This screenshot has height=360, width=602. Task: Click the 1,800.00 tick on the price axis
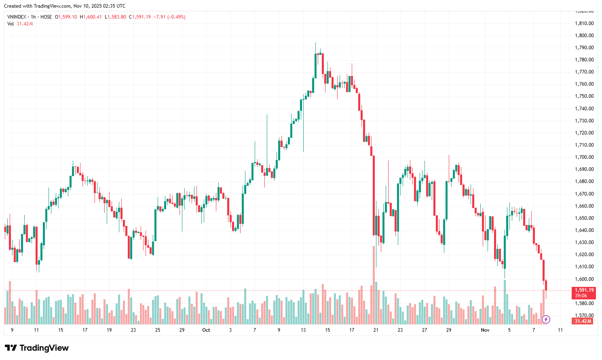(x=584, y=36)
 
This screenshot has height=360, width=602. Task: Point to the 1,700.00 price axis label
(x=584, y=157)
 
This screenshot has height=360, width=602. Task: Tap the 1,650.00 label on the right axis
(x=584, y=218)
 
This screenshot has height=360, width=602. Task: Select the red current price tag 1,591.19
(x=584, y=290)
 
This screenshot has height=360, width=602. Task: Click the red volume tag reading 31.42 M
(x=583, y=321)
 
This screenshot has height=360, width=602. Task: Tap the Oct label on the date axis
(x=206, y=330)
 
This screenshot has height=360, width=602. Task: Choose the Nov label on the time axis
(x=485, y=330)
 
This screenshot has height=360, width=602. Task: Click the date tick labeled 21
(x=376, y=330)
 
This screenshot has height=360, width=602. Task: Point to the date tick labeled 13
(x=303, y=330)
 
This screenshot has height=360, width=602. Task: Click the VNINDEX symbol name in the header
(x=17, y=17)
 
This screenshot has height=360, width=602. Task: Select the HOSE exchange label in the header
(x=46, y=17)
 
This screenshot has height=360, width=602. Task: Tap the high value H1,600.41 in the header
(x=91, y=17)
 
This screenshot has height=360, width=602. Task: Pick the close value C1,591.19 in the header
(x=139, y=17)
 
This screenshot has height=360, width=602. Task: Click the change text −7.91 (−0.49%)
(x=169, y=17)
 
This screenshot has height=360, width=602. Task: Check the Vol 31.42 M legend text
(x=20, y=24)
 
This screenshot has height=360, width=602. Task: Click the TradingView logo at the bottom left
(x=37, y=348)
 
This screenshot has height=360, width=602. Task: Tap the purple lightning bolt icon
(x=546, y=320)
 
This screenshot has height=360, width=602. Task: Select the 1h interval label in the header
(x=33, y=17)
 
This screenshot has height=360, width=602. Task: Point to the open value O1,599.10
(x=66, y=17)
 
